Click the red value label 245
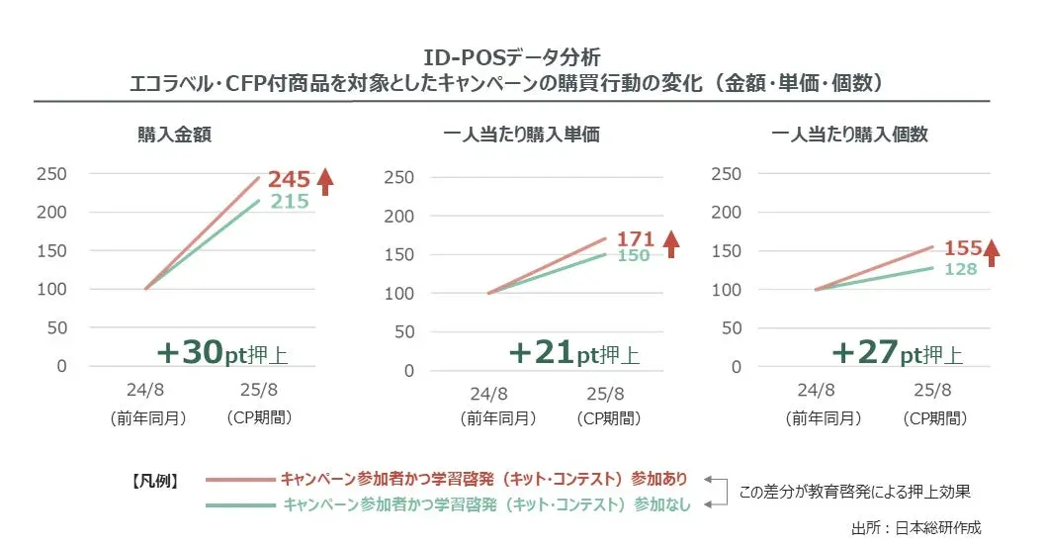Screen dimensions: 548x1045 (289, 179)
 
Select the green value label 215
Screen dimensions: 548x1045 (289, 202)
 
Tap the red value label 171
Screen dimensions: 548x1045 (636, 238)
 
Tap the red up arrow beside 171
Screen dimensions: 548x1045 (671, 242)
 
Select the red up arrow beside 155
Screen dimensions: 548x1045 (992, 251)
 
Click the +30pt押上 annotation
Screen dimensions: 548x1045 (223, 353)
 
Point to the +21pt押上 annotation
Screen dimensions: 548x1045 (573, 353)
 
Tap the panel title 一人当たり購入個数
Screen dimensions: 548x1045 (849, 136)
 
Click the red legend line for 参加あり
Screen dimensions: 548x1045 (240, 480)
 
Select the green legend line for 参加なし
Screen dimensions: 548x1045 (240, 504)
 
